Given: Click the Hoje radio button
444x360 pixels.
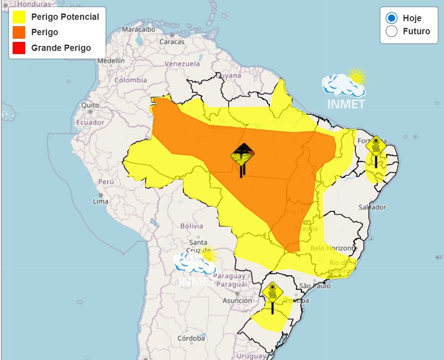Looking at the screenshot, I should [392, 18].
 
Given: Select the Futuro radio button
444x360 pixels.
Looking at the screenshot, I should [392, 31].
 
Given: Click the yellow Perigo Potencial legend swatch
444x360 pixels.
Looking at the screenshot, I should [19, 17].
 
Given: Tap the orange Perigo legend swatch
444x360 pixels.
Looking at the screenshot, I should [19, 32].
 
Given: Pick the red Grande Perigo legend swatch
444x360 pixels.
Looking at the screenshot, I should [19, 48].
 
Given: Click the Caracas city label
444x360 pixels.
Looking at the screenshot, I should [172, 41].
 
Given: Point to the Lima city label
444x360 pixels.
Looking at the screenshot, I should [101, 201].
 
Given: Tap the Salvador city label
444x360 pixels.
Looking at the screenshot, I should [372, 207].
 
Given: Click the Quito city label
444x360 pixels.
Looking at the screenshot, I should [90, 105].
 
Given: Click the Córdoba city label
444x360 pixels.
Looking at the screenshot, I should [191, 338].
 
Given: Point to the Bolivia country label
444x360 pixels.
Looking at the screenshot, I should [192, 226].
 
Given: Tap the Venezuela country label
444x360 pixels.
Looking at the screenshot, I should [182, 64].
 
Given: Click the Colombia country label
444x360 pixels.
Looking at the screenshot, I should [130, 80].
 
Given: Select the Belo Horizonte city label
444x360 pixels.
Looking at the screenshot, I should [334, 248].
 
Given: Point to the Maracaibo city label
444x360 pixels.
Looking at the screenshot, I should [139, 29].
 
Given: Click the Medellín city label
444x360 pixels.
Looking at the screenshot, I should [111, 60].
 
